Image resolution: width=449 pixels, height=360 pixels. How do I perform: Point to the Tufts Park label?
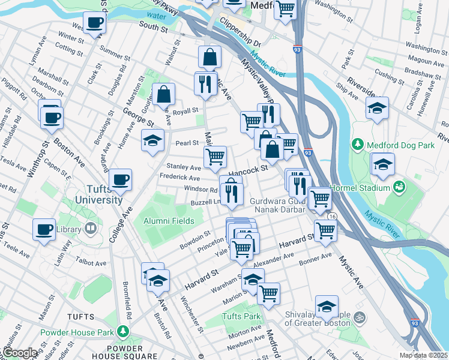[x=241, y=316]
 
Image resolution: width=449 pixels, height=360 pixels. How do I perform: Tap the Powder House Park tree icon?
[x=123, y=331]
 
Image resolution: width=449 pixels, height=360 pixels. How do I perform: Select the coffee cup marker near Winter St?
[x=94, y=23]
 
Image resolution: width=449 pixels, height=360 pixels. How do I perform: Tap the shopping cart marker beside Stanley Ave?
[x=215, y=157]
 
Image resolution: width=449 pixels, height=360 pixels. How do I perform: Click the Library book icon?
[x=90, y=229]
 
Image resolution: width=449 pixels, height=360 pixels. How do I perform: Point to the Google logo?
[x=19, y=353]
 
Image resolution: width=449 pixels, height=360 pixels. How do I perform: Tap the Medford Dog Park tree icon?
[x=358, y=145]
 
